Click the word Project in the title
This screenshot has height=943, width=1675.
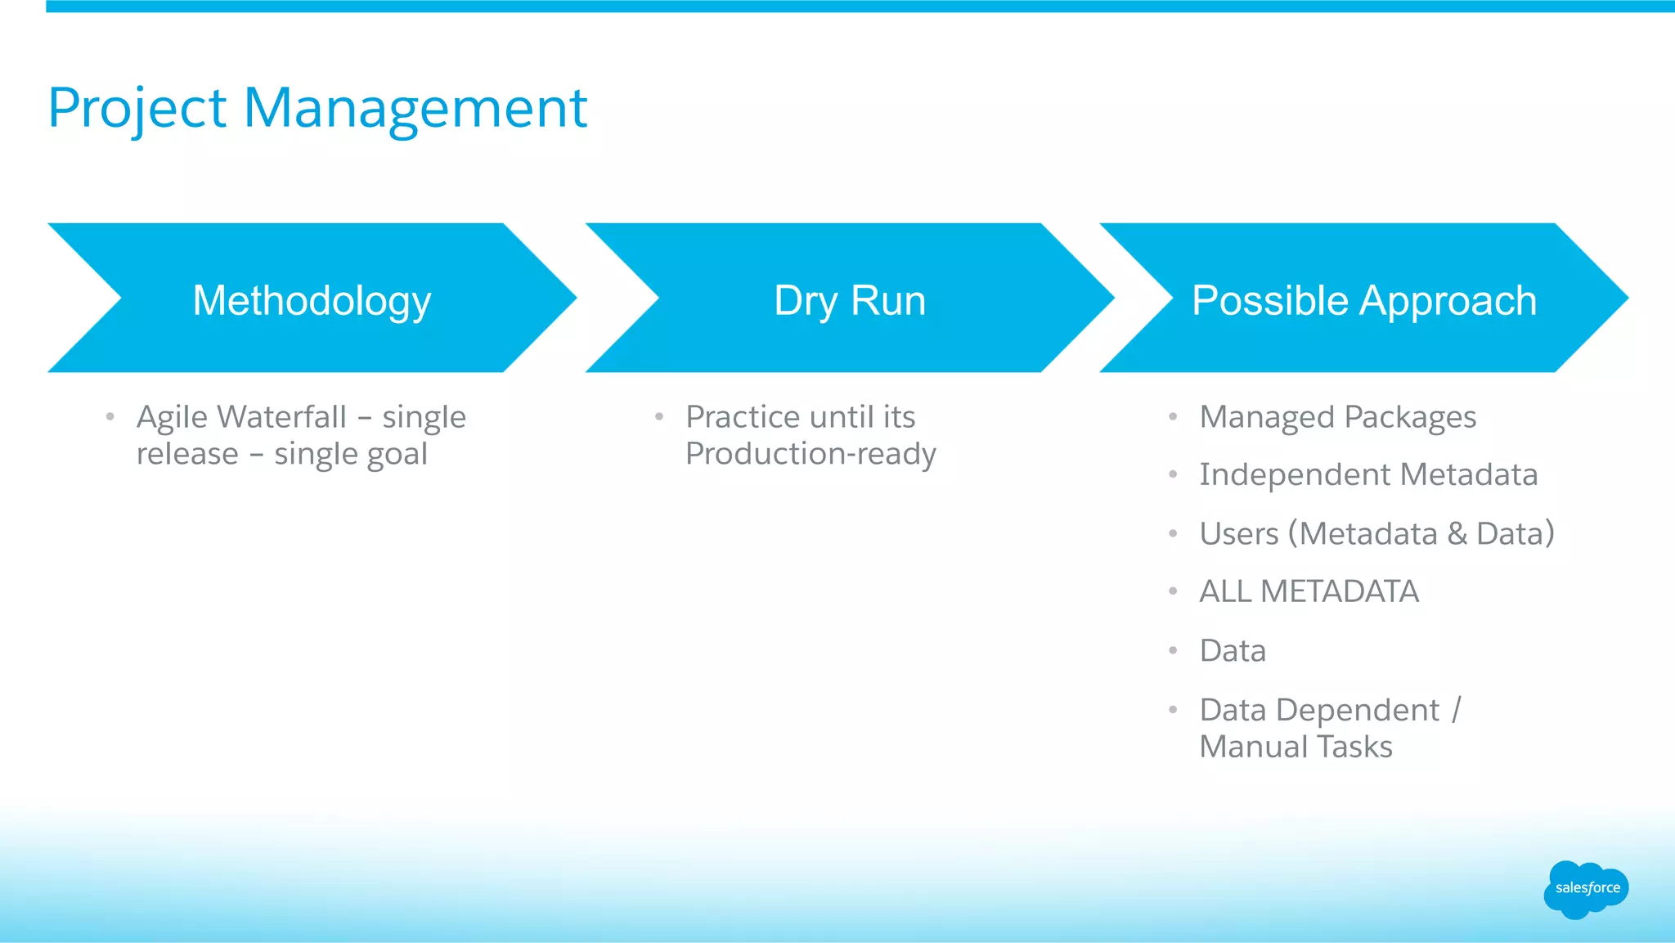137,109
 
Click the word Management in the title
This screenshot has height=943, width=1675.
415,109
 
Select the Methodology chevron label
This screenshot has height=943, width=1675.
312,300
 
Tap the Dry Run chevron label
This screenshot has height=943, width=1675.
850,300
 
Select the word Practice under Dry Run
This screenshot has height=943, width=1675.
743,417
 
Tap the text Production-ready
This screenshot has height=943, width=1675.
811,454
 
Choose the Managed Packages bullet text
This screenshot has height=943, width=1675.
1337,417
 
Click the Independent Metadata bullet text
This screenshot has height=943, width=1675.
1368,474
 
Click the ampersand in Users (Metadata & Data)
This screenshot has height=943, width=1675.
1457,534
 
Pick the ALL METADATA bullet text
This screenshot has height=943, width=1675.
1309,591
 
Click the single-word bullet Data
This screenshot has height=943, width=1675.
1233,651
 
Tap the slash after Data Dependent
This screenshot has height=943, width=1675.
1456,710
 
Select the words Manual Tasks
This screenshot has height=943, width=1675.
1296,747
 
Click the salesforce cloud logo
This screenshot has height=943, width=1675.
1586,889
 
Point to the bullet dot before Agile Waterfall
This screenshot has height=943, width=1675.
110,417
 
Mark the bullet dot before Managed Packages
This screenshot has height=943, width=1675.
1173,417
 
